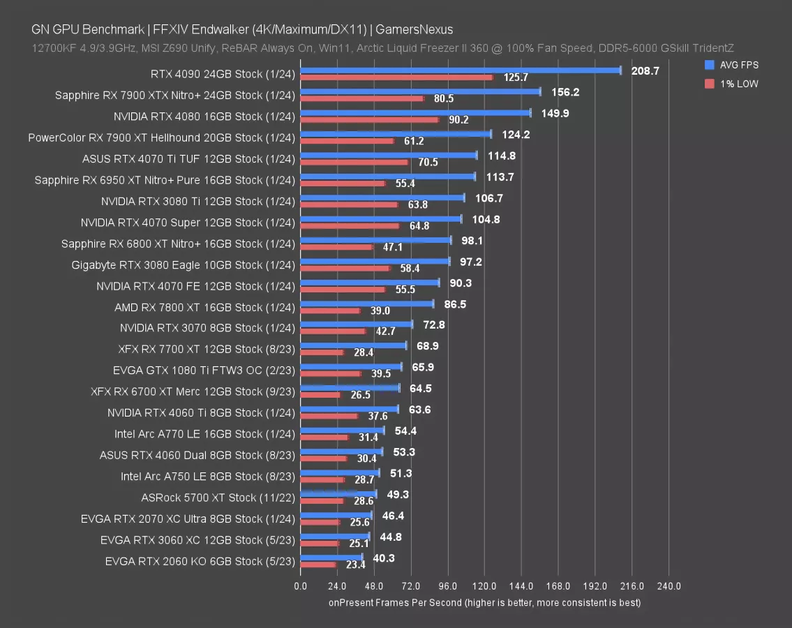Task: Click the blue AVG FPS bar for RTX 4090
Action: point(461,70)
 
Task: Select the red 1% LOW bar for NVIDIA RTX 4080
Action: point(369,119)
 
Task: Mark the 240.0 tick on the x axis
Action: point(668,586)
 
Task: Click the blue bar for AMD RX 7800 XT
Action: point(366,304)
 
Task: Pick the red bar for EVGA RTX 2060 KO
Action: point(318,565)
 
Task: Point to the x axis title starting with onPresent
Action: point(484,602)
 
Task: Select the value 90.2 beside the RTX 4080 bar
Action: point(458,120)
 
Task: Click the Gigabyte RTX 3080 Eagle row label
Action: point(183,265)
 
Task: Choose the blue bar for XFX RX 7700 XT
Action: point(353,345)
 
